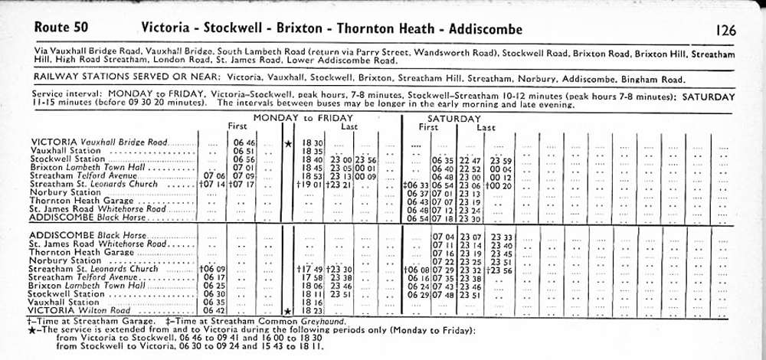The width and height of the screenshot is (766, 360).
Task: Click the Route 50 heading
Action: point(61,28)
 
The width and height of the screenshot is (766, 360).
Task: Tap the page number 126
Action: point(725,31)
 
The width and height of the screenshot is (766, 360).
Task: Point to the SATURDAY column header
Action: point(453,118)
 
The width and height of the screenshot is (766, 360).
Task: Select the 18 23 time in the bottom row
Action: point(313,310)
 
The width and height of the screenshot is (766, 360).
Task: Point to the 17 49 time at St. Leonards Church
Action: point(310,269)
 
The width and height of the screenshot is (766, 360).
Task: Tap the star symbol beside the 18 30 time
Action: point(288,143)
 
